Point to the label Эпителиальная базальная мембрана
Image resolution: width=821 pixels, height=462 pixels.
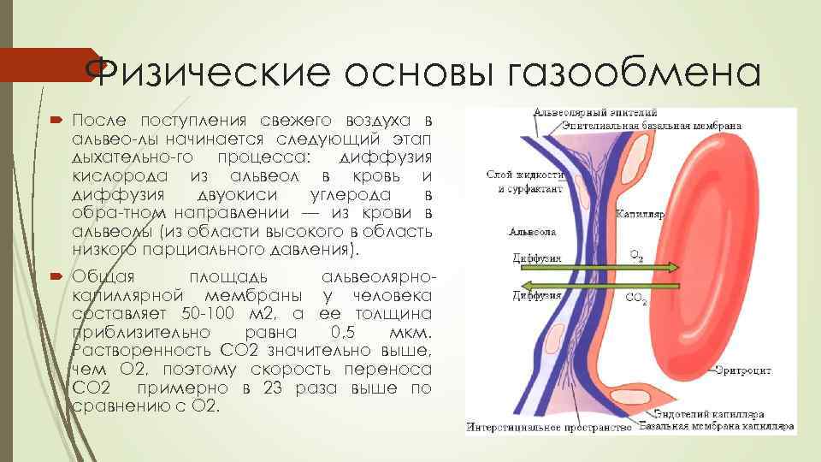click(650, 125)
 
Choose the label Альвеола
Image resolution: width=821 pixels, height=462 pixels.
click(532, 231)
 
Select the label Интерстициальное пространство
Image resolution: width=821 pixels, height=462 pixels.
click(549, 426)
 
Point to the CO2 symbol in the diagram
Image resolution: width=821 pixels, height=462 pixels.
click(637, 299)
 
